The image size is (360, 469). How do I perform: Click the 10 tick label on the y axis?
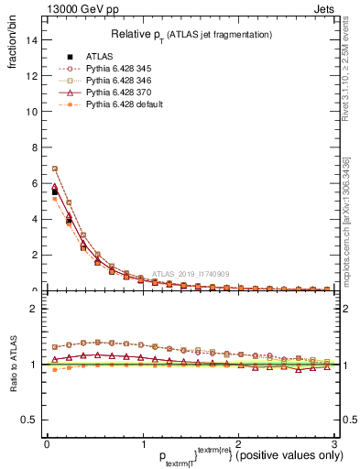pos(31,112)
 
